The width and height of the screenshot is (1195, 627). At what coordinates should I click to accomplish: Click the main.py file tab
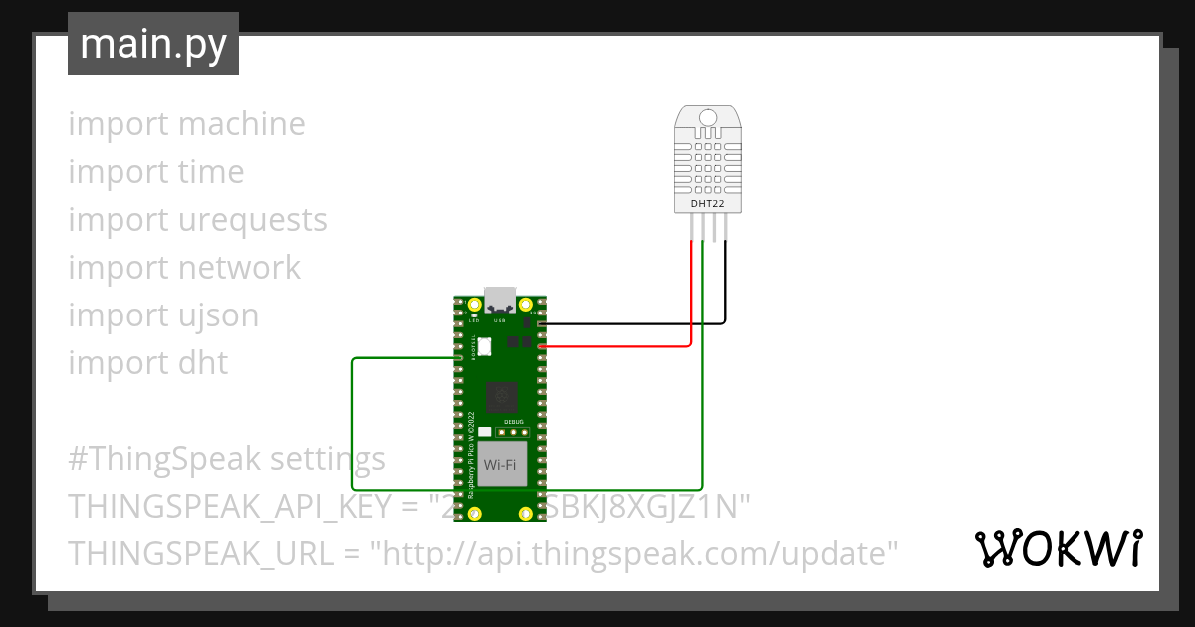[152, 45]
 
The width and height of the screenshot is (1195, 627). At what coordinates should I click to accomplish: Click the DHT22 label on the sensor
[708, 204]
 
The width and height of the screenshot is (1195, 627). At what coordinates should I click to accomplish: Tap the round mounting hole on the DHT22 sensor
[708, 118]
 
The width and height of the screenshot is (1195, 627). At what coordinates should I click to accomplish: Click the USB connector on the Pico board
[499, 300]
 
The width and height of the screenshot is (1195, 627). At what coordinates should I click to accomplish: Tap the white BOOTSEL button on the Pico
[485, 346]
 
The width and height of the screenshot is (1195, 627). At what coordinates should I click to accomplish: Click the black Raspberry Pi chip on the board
[501, 397]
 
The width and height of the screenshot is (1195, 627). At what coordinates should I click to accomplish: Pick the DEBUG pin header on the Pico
[514, 433]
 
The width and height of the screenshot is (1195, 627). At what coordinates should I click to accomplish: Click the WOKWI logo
[1058, 548]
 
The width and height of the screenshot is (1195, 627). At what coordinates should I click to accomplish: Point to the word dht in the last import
[203, 363]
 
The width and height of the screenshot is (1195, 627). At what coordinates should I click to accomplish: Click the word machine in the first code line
[242, 124]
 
